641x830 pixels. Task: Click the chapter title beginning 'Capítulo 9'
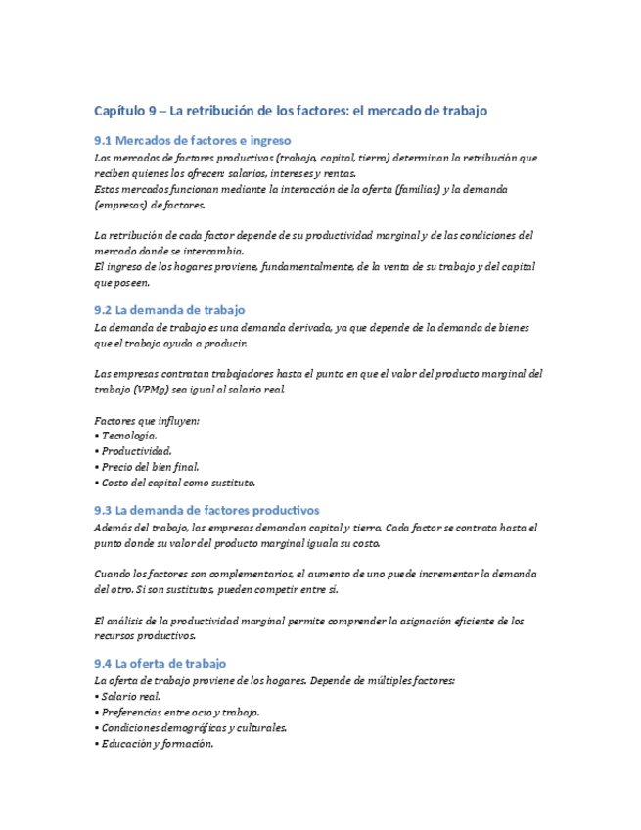(x=290, y=111)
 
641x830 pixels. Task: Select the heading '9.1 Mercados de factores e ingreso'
(x=192, y=140)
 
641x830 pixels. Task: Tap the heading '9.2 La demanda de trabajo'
(x=169, y=310)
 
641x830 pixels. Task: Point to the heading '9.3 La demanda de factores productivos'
(x=206, y=510)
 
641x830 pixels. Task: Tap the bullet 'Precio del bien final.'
(x=148, y=466)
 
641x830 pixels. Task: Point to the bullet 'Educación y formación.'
(x=156, y=743)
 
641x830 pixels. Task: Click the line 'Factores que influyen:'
(x=147, y=419)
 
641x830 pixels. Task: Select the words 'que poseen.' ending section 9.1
(x=122, y=282)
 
